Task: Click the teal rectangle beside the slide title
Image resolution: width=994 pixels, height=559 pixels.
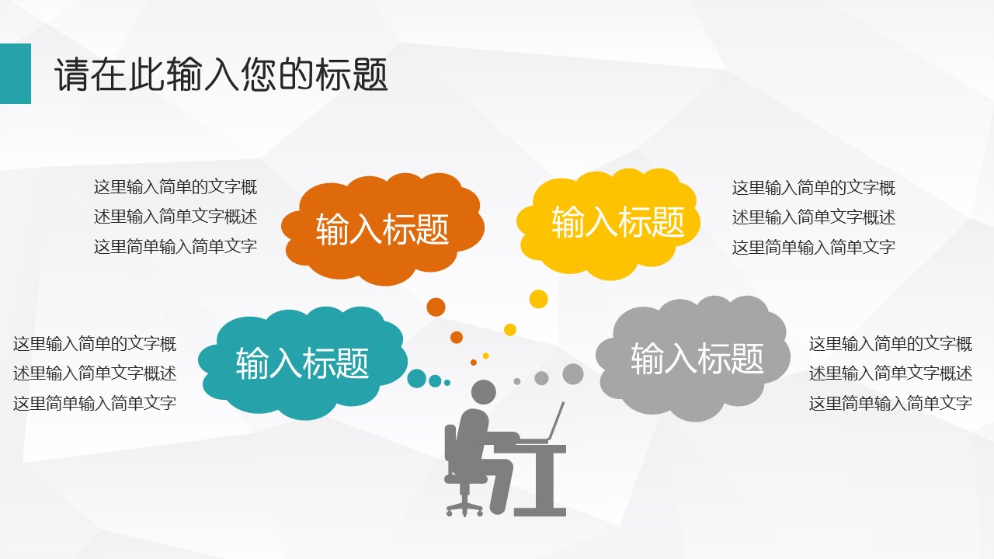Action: pyautogui.click(x=15, y=74)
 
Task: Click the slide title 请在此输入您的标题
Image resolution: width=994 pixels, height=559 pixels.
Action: pyautogui.click(x=221, y=75)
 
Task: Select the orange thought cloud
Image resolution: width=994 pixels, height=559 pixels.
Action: pyautogui.click(x=383, y=229)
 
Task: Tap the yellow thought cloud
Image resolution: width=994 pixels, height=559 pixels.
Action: pyautogui.click(x=608, y=224)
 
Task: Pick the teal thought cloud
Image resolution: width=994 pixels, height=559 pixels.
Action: pyautogui.click(x=303, y=363)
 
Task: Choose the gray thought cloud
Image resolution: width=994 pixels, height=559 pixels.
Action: pyautogui.click(x=693, y=359)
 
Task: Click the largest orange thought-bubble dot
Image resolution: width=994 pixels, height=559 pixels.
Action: pyautogui.click(x=436, y=307)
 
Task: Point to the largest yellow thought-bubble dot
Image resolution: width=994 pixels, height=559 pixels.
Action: pyautogui.click(x=539, y=299)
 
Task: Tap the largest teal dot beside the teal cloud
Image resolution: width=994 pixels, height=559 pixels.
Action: pyautogui.click(x=417, y=378)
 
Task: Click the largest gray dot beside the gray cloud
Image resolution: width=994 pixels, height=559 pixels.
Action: pyautogui.click(x=573, y=374)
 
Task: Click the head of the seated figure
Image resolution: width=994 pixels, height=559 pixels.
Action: pyautogui.click(x=483, y=392)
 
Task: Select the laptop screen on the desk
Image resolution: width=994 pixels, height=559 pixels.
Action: pyautogui.click(x=555, y=422)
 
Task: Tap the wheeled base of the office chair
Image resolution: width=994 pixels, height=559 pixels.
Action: pyautogui.click(x=464, y=509)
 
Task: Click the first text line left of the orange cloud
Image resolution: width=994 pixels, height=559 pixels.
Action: pyautogui.click(x=176, y=187)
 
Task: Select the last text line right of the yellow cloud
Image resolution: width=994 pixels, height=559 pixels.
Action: pyautogui.click(x=813, y=247)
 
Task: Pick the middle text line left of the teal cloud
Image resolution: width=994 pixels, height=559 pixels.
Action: pyautogui.click(x=95, y=373)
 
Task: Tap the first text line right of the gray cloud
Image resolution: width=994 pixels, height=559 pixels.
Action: pyautogui.click(x=891, y=344)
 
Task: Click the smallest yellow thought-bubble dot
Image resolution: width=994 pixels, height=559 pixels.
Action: pyautogui.click(x=486, y=356)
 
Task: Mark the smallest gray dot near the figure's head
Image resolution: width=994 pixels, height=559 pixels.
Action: pyautogui.click(x=517, y=381)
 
